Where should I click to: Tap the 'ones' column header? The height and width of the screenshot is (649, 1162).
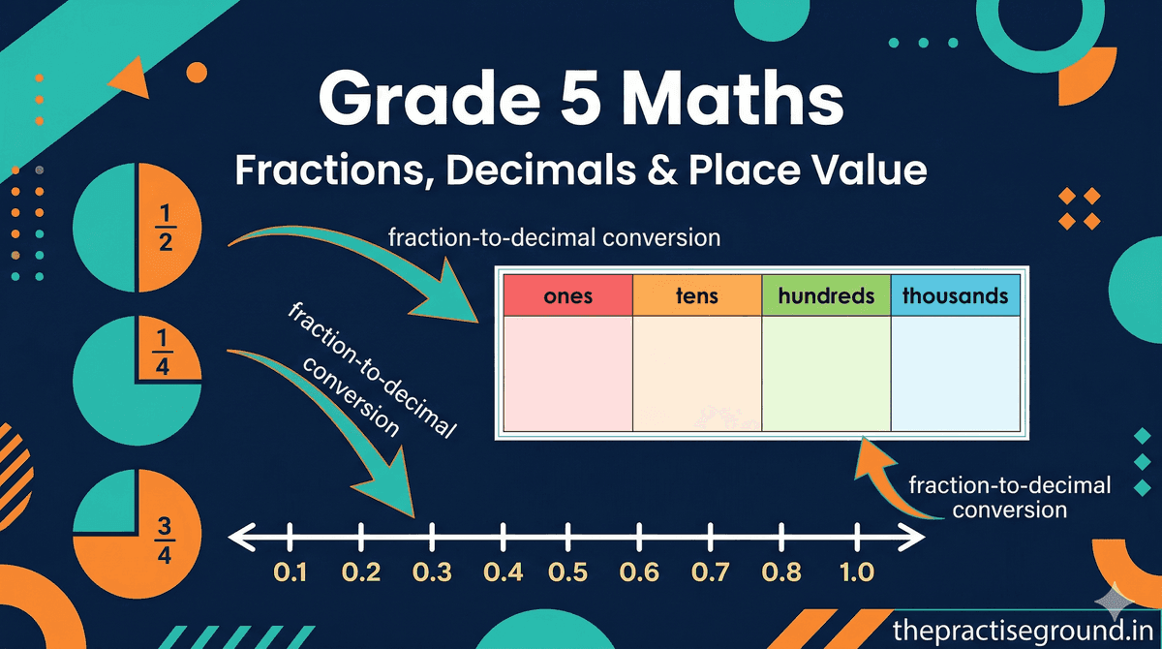pyautogui.click(x=567, y=294)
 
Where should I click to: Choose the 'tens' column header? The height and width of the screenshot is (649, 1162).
pyautogui.click(x=697, y=294)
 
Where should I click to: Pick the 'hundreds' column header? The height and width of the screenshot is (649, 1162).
pyautogui.click(x=825, y=294)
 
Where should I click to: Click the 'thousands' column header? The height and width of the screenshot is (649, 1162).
pyautogui.click(x=955, y=294)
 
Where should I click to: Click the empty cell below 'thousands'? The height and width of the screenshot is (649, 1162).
pyautogui.click(x=955, y=373)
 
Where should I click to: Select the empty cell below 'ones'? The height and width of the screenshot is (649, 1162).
pyautogui.click(x=567, y=373)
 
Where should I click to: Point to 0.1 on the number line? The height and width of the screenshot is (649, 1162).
pyautogui.click(x=290, y=572)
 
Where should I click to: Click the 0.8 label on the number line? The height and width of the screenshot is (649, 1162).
pyautogui.click(x=781, y=572)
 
